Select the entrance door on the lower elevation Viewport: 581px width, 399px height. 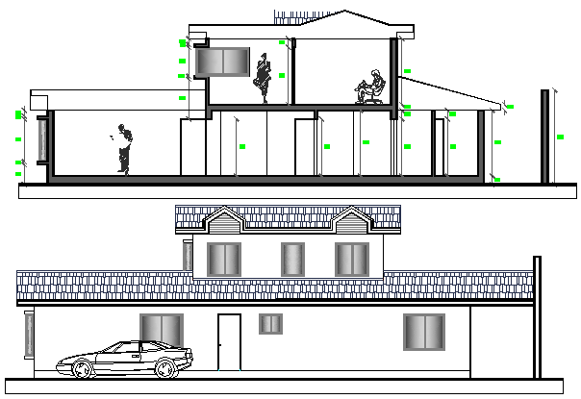pos(229,341)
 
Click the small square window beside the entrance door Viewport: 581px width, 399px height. pos(271,324)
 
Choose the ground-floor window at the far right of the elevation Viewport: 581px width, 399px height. pos(423,332)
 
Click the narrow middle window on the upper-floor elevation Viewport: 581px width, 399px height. pos(292,260)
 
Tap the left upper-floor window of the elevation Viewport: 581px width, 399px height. pos(224,260)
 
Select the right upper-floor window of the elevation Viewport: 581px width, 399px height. pos(352,260)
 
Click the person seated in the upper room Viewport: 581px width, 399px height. pos(370,87)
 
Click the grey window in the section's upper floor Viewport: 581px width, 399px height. pos(224,62)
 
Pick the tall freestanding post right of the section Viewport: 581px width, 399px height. pos(545,137)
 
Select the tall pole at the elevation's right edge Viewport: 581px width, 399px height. pos(536,317)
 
